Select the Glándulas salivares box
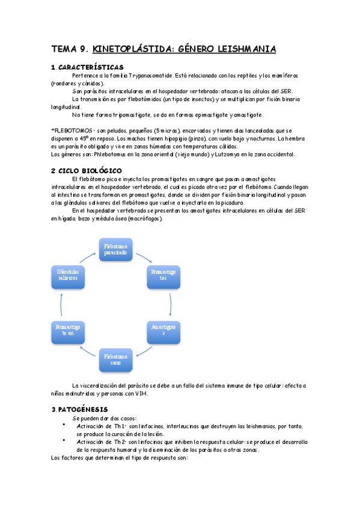(x=68, y=274)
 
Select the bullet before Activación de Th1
(x=64, y=426)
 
